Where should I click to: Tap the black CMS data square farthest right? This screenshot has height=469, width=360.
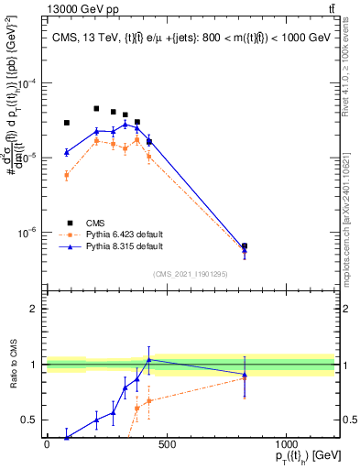click(x=245, y=246)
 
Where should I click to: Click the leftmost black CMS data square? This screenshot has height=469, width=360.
click(x=67, y=123)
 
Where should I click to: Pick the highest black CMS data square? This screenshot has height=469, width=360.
click(x=96, y=108)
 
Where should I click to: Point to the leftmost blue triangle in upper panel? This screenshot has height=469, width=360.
click(x=67, y=152)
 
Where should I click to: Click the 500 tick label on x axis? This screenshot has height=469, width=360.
click(x=166, y=444)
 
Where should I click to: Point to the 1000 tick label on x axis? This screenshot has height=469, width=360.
click(x=286, y=444)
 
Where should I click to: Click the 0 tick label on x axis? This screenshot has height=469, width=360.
click(x=47, y=444)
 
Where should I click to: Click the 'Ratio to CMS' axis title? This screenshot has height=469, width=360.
click(x=12, y=365)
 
